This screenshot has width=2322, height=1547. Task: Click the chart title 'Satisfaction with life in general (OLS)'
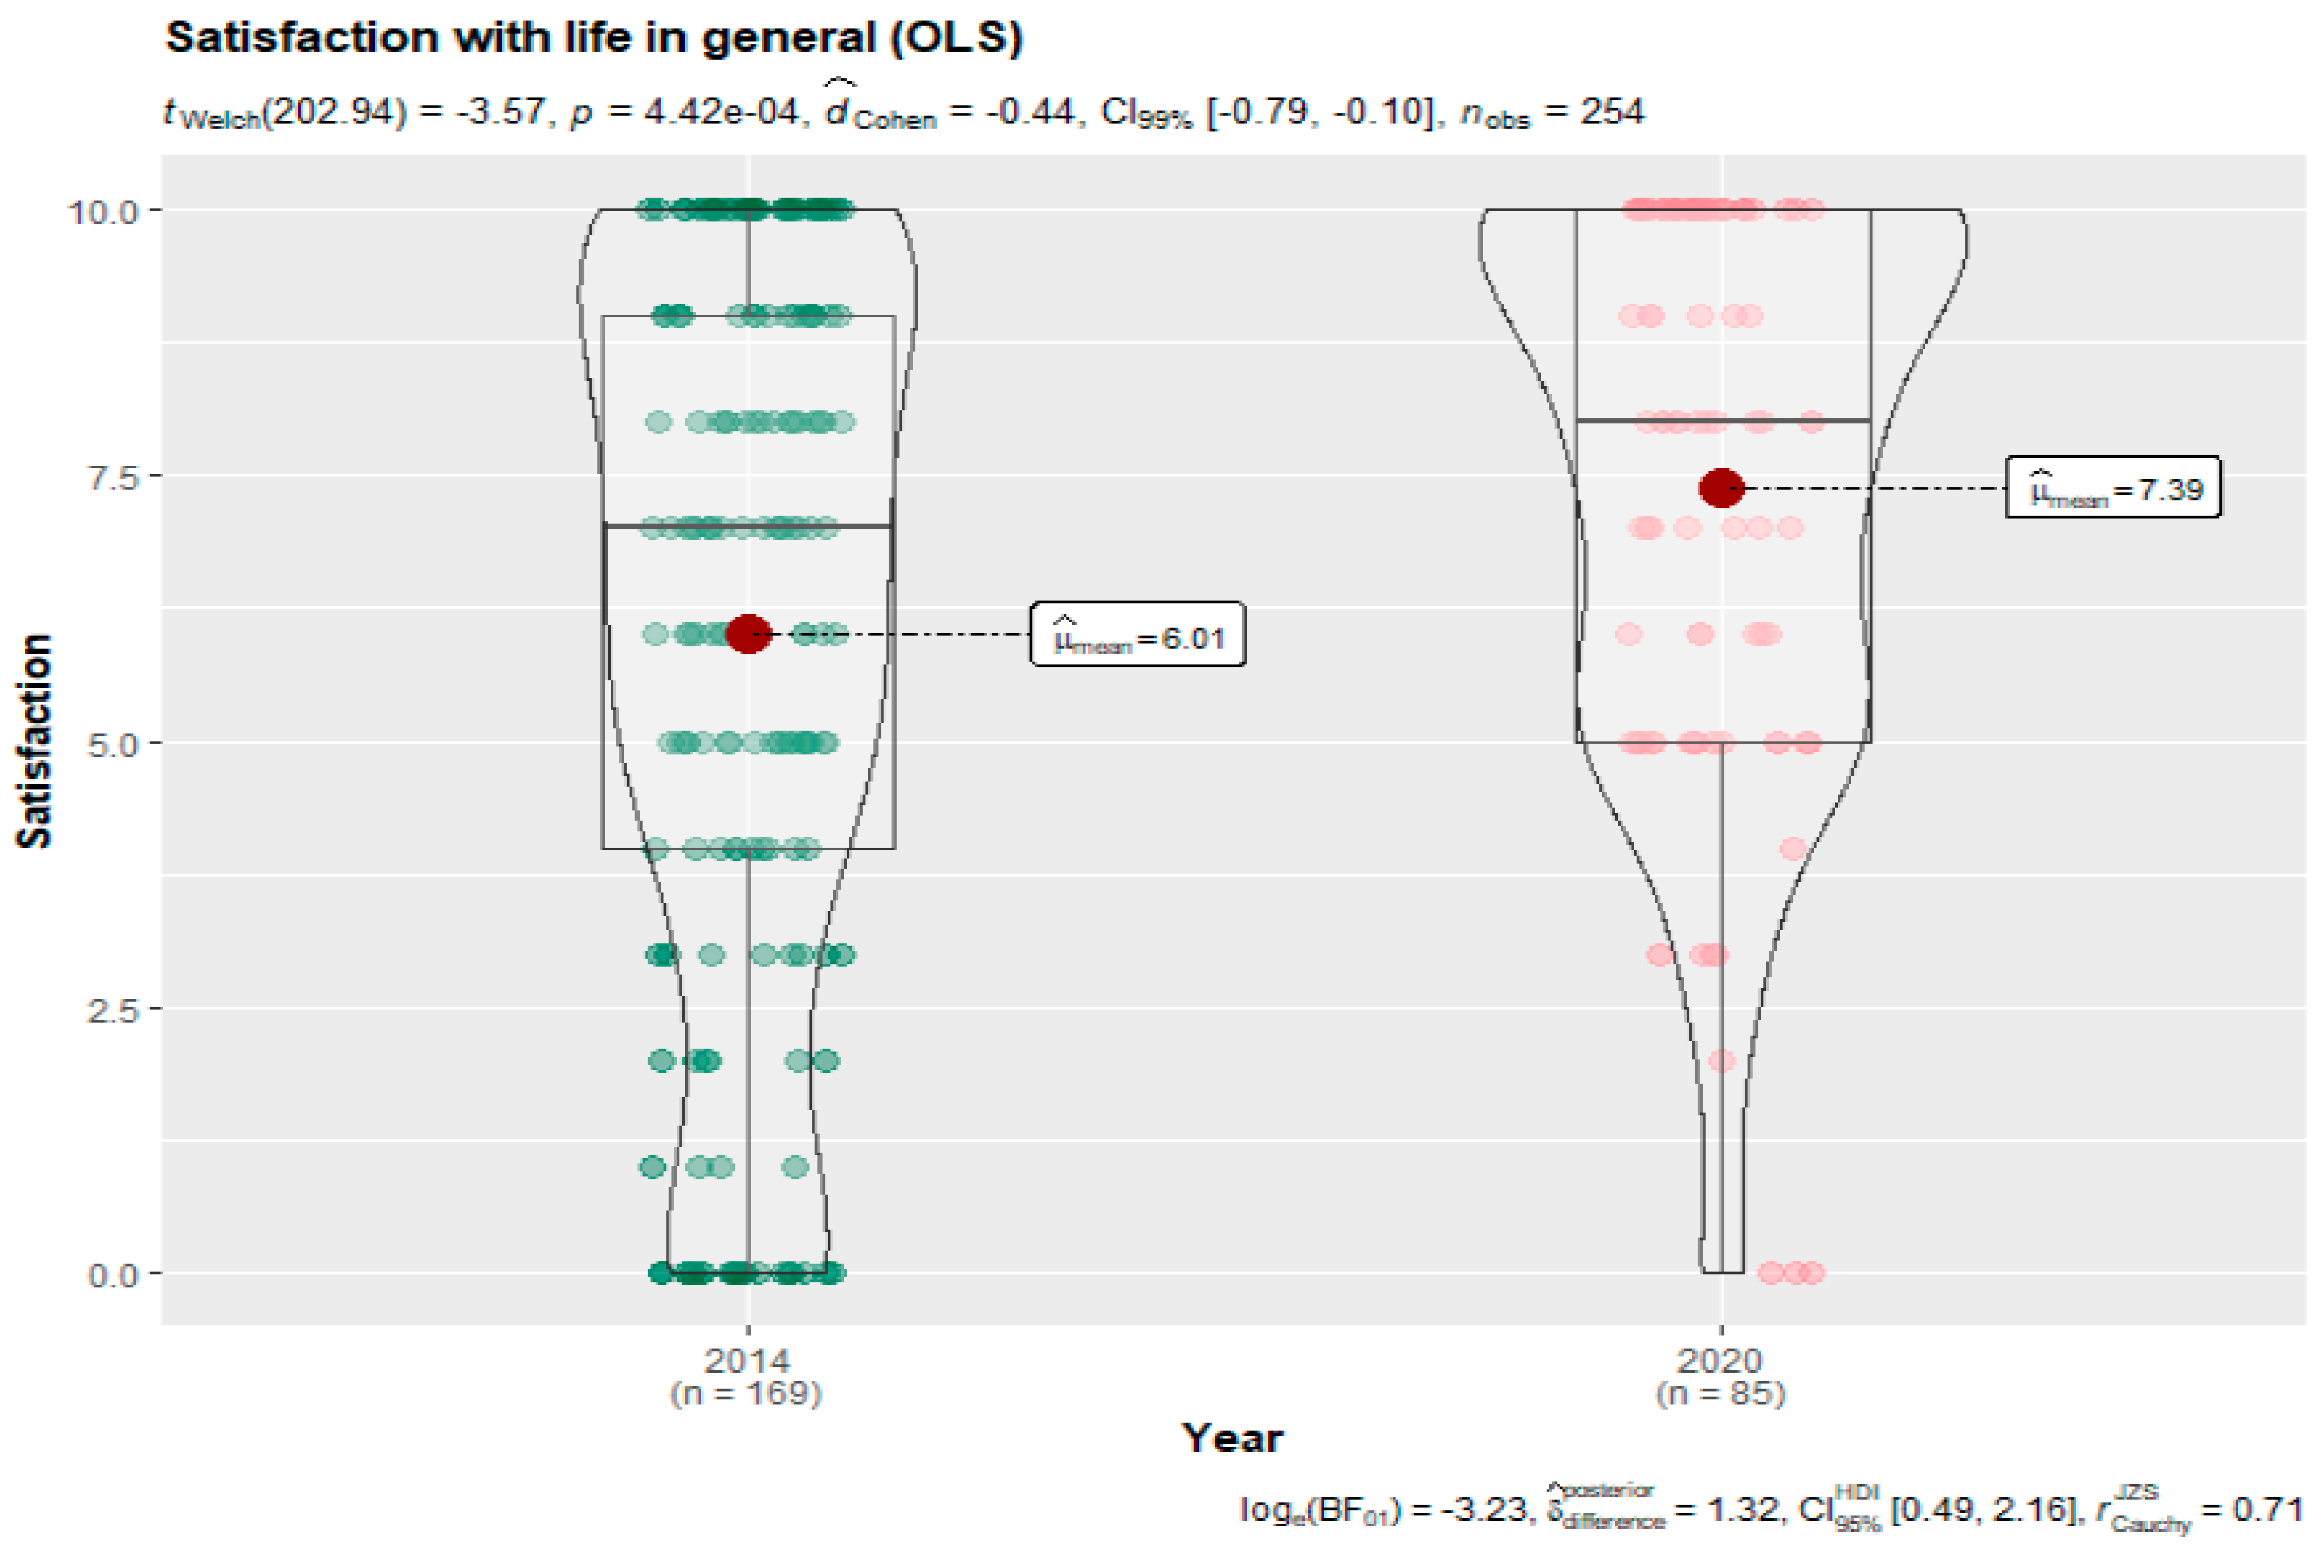point(594,37)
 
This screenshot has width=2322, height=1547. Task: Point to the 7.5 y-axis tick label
point(111,477)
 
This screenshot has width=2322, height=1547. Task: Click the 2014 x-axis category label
point(747,1362)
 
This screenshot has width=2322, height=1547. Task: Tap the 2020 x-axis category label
point(1720,1362)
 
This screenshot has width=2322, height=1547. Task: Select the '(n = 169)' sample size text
point(747,1393)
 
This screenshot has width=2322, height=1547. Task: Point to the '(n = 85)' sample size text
point(1720,1393)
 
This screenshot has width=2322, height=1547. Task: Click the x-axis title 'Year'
point(1233,1438)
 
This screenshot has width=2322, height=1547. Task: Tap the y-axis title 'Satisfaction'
point(35,740)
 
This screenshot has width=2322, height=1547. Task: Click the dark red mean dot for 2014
point(748,633)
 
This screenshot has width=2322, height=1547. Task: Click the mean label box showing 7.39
point(2113,488)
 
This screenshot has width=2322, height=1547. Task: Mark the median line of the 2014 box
point(671,527)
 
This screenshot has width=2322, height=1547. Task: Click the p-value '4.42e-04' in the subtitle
point(720,111)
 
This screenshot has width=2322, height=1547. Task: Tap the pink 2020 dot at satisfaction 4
point(1792,848)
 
